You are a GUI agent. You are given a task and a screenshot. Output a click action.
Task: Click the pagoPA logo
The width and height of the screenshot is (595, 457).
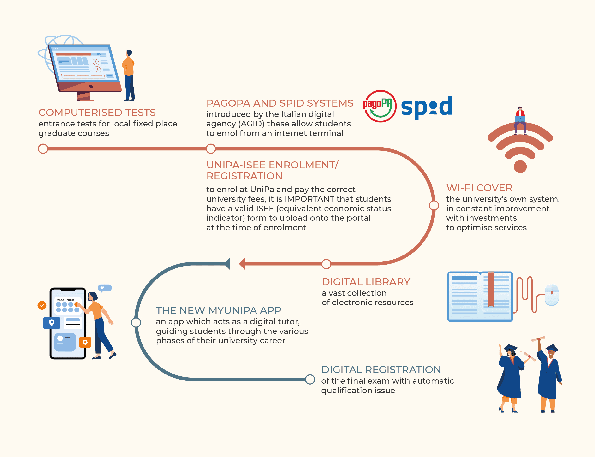pos(380,106)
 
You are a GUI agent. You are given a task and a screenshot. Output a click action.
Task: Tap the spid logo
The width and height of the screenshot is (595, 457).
pos(426,107)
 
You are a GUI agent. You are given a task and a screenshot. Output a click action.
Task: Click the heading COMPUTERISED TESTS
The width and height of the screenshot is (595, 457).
pos(97,112)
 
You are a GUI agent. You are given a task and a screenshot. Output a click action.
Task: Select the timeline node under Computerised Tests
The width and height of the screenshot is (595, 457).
pos(43,149)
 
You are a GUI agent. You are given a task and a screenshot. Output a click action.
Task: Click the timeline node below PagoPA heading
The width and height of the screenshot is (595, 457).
pos(211,149)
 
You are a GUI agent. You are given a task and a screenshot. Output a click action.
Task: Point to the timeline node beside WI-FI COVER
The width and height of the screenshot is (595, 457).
pos(434,205)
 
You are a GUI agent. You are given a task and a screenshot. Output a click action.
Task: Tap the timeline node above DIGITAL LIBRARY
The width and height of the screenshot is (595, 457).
pos(326,264)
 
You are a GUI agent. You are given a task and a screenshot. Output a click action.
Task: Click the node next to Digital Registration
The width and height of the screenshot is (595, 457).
pos(310,379)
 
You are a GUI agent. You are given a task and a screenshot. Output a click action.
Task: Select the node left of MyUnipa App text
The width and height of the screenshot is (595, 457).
pos(136,323)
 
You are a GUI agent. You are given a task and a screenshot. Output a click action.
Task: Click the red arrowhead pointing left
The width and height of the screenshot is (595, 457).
pos(242,264)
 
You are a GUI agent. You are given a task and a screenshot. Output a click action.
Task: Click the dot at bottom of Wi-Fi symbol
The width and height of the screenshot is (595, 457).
pos(520,166)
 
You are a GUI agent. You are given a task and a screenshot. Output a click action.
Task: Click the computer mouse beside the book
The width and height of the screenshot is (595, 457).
pos(552,295)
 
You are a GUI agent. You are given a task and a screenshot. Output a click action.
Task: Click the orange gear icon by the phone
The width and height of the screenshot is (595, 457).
pos(85,342)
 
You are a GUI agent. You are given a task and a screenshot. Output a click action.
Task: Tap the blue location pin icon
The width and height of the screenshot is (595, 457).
pos(52,323)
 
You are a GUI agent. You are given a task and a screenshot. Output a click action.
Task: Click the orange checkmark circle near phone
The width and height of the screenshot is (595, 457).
pos(42,305)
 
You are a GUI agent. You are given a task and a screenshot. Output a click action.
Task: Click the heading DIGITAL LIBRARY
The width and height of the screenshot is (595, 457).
pos(366,282)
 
